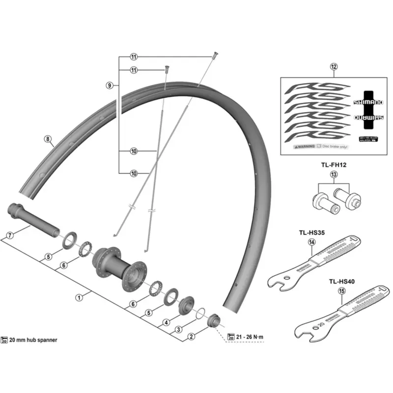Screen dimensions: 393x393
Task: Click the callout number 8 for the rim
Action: tap(48, 140)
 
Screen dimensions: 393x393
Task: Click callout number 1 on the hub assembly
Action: tap(78, 297)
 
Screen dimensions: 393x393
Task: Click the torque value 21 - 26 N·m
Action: tap(250, 336)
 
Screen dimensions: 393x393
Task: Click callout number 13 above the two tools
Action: tap(334, 175)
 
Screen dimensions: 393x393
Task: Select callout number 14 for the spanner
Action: tap(311, 242)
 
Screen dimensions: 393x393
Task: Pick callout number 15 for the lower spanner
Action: tap(341, 290)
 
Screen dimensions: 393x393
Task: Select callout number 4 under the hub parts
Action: tap(166, 322)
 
